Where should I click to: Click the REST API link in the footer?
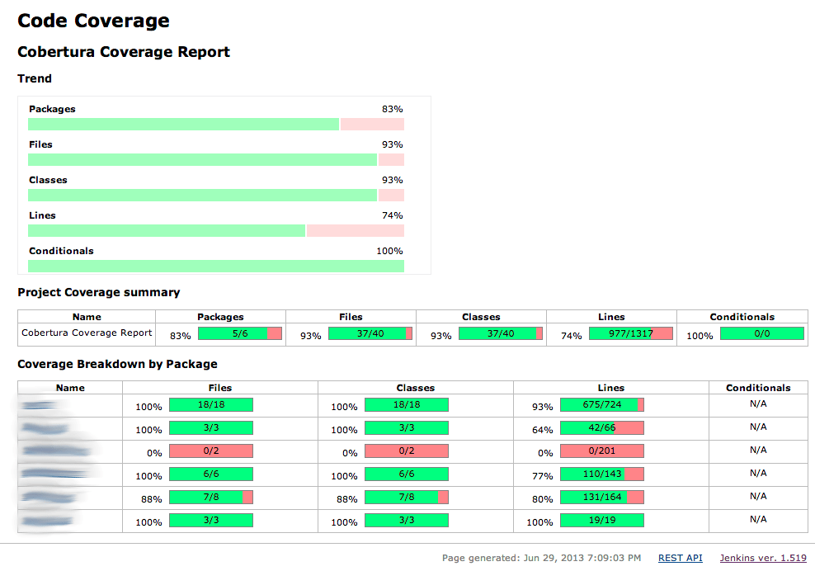coord(680,559)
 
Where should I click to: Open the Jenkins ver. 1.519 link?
coord(763,559)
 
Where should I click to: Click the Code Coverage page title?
coord(93,21)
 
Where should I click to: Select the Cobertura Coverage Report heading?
coord(124,52)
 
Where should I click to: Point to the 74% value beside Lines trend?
coord(392,215)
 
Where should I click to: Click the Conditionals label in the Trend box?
coord(61,251)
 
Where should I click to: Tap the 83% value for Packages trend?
coord(392,109)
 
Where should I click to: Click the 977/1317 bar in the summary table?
coord(631,333)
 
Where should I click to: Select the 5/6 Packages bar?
coord(240,333)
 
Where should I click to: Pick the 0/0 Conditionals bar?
coord(761,333)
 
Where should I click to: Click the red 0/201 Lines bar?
coord(601,451)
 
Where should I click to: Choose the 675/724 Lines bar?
coord(601,405)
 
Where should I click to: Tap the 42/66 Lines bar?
coord(601,428)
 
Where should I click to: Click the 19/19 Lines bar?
coord(601,521)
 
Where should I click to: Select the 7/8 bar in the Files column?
coord(210,498)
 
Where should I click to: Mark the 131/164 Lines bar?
coord(601,498)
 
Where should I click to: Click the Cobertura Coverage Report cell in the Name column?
coord(87,333)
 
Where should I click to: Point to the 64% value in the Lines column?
coord(542,430)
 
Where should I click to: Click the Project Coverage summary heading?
coord(98,292)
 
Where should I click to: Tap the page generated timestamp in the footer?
coord(541,559)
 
